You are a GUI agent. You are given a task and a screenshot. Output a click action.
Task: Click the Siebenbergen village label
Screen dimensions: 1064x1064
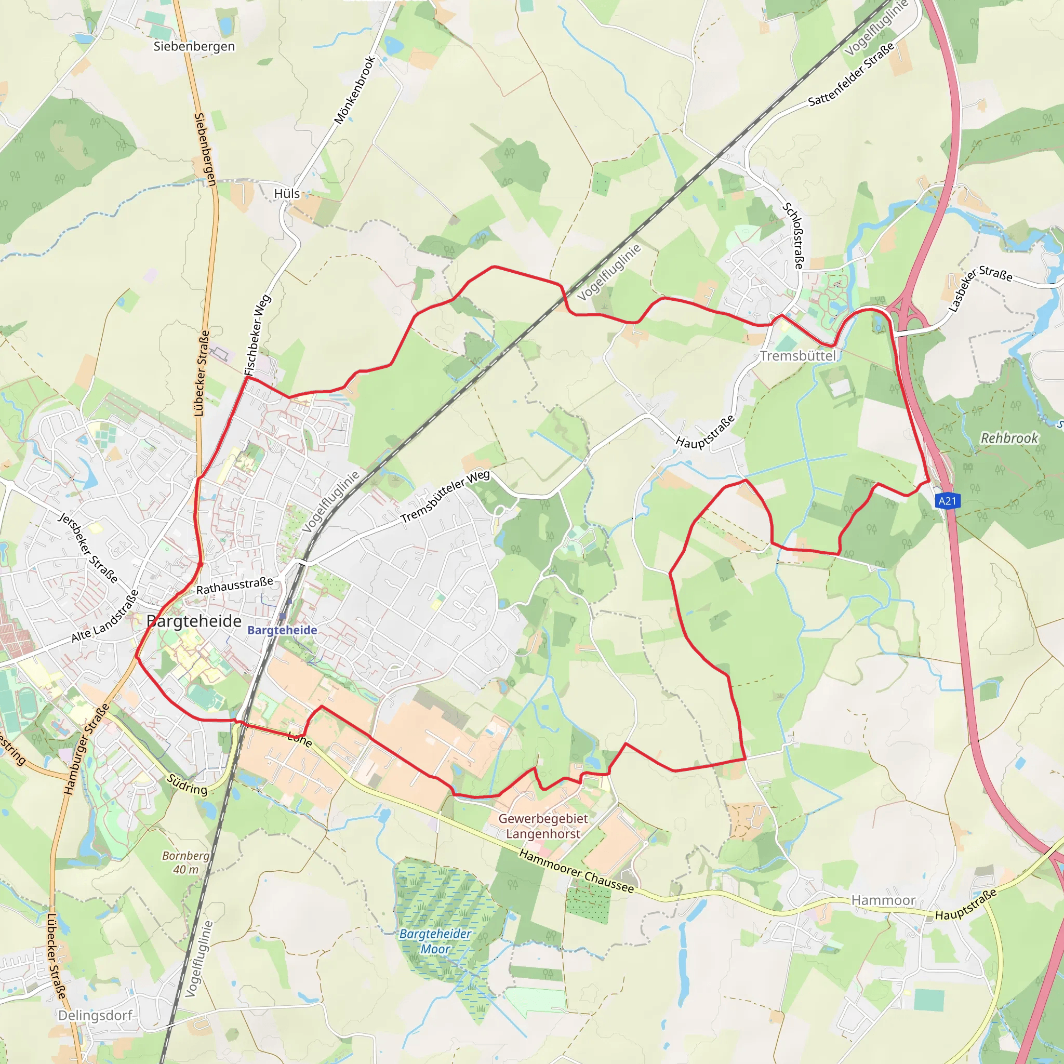pos(194,46)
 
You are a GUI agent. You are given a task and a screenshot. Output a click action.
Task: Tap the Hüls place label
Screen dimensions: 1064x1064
pos(287,194)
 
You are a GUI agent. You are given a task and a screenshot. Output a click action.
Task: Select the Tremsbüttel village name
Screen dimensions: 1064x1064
pos(798,356)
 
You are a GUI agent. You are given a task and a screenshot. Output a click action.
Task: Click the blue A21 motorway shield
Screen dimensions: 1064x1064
pos(947,501)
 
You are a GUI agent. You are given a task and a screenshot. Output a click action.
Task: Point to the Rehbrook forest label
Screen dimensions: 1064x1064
pos(1009,438)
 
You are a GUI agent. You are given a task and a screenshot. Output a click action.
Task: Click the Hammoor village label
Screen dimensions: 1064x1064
pos(883,900)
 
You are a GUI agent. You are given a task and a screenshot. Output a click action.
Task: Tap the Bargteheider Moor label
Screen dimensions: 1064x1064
pos(435,941)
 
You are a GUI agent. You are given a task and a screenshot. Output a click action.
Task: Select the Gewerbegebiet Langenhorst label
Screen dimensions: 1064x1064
pos(543,826)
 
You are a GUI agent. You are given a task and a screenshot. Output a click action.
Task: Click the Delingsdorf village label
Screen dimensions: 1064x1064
pos(95,1016)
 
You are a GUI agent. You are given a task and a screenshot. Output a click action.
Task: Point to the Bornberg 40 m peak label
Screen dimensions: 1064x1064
pos(185,862)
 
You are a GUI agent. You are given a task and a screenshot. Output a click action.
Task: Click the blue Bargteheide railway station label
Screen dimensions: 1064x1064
pos(282,630)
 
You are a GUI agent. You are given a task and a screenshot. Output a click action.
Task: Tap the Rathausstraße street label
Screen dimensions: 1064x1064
pos(235,586)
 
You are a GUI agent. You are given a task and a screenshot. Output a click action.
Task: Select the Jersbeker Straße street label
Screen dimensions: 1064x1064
pos(88,548)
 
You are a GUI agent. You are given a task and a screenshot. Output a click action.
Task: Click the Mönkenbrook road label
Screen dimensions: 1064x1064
pos(355,90)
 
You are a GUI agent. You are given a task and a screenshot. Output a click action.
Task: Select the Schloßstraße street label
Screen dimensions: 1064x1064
pos(793,236)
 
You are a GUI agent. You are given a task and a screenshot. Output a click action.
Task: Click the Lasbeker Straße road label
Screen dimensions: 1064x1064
pos(980,287)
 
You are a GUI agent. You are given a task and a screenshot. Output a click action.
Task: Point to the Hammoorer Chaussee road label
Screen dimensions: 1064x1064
pos(577,871)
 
